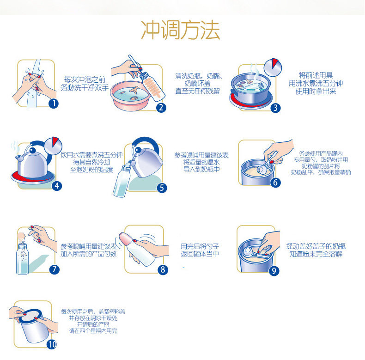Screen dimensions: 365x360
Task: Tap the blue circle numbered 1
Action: tap(54, 103)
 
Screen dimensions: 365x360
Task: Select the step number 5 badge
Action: tap(162, 188)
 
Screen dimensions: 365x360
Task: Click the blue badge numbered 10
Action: tap(52, 344)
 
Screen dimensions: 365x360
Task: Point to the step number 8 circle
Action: tap(163, 269)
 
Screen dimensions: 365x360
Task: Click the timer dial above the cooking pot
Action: tap(273, 67)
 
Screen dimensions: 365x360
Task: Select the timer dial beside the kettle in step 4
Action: tap(53, 146)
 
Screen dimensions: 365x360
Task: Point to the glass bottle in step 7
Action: tap(22, 258)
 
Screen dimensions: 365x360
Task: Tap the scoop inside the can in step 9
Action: tap(255, 253)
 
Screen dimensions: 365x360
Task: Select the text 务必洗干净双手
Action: tap(85, 87)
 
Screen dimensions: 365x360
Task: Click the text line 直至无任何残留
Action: tap(198, 91)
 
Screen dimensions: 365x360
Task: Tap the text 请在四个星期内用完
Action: tap(93, 331)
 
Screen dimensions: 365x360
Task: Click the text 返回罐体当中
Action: tap(200, 254)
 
